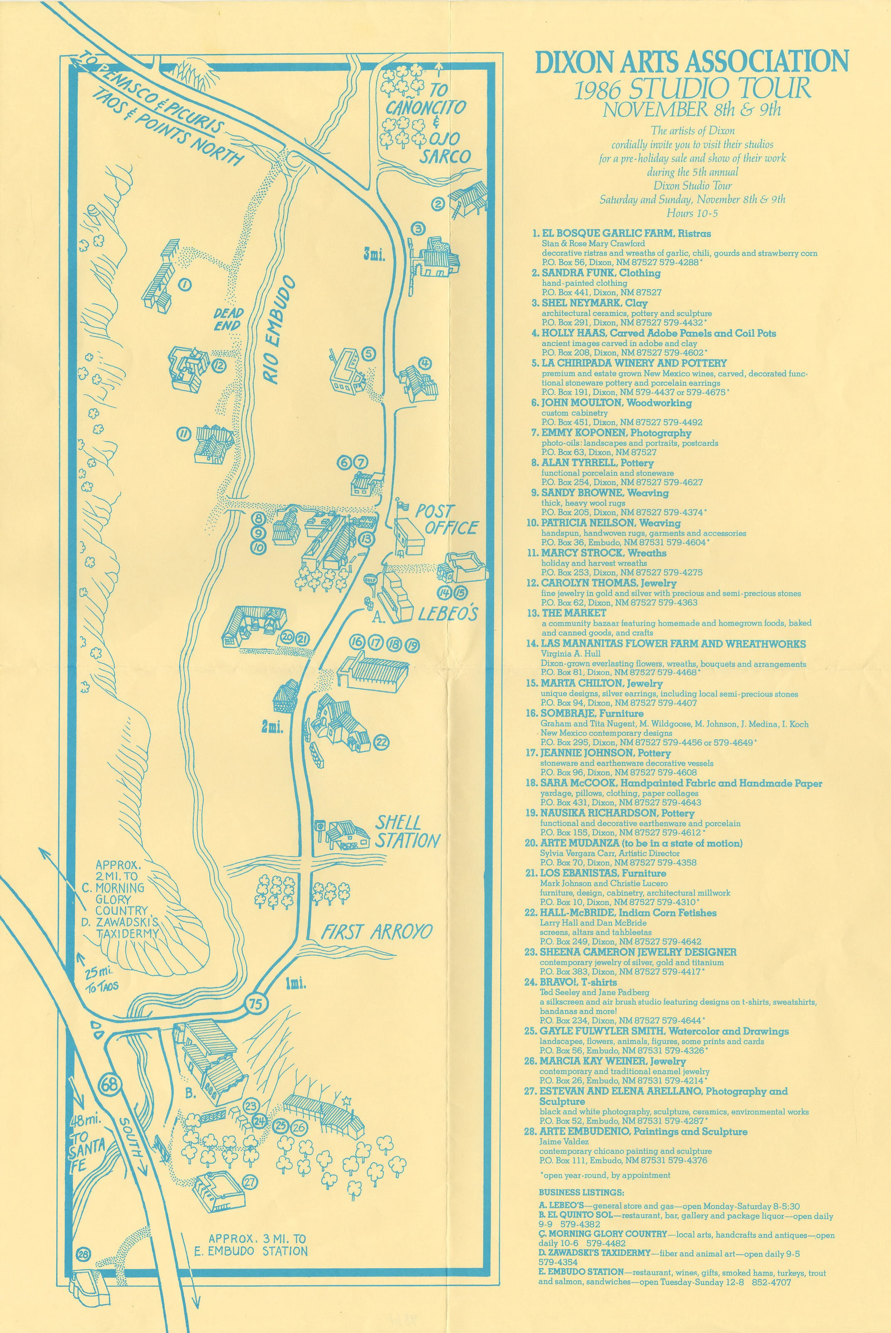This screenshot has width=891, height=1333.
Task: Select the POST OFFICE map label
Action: click(x=445, y=519)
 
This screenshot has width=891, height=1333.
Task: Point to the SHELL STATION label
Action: click(x=407, y=832)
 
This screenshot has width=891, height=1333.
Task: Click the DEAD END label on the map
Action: click(x=229, y=319)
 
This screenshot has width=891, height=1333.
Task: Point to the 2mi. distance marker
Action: click(x=273, y=727)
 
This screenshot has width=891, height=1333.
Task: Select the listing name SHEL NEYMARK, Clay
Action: click(x=594, y=303)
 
